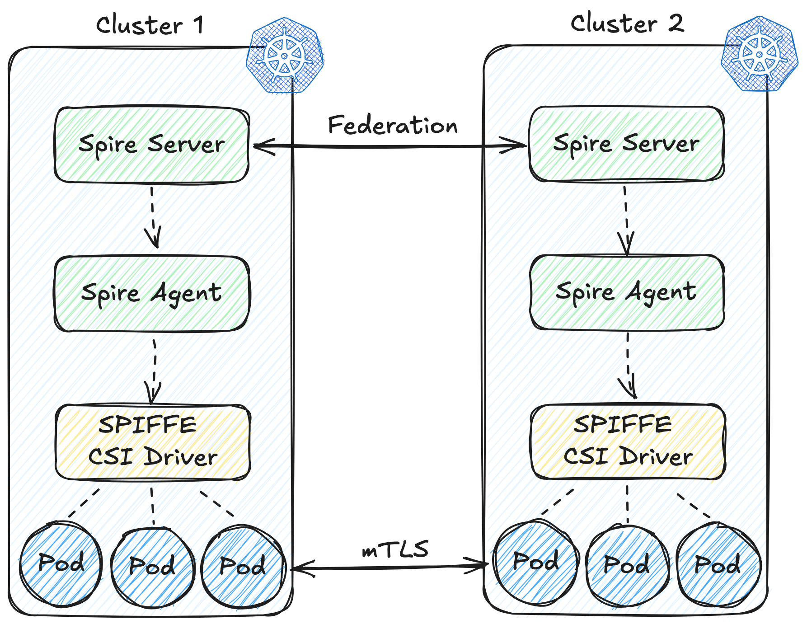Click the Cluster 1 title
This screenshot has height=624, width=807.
150,25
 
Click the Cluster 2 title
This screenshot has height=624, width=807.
627,23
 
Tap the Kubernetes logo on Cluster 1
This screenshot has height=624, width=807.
285,56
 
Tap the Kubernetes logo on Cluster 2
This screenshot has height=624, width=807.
759,54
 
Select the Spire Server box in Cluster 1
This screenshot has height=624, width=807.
151,145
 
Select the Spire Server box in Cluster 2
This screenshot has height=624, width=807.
626,144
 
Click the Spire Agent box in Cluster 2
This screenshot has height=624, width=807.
627,292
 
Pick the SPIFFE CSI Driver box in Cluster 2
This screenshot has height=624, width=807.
628,441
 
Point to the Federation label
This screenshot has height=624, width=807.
393,125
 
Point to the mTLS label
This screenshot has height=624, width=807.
395,550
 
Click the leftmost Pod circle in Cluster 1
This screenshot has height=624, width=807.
61,563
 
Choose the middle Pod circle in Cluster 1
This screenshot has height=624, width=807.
152,566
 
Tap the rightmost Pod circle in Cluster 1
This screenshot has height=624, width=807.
243,566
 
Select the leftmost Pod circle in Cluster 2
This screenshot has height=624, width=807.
536,562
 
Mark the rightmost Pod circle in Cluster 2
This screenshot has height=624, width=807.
718,565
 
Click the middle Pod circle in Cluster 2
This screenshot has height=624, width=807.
627,565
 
